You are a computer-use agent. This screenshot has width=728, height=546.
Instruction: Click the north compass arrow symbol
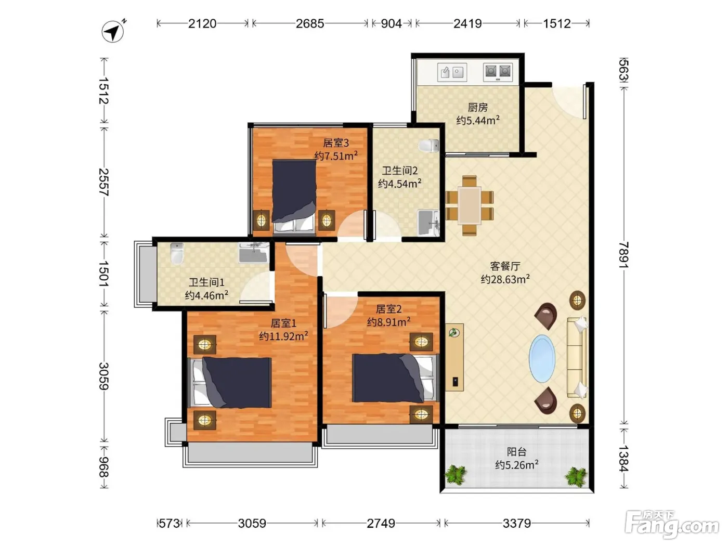coord(113,32)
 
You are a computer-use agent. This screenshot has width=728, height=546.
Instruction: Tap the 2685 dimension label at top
coord(310,23)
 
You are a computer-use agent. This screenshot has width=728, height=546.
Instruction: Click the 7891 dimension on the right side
coord(623,255)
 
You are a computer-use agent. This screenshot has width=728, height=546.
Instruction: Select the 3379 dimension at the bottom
coord(516,524)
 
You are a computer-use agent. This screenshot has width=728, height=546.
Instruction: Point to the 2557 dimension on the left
coord(104,182)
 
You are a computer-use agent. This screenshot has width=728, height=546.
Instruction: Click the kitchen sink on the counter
coord(452,72)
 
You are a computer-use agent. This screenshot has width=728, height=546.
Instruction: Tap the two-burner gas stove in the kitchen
coord(498,72)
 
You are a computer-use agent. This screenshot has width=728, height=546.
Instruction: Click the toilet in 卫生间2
coord(429,146)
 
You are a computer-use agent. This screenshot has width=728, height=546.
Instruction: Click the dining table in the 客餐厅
coord(470,205)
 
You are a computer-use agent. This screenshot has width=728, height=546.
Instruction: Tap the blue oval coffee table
coord(542,359)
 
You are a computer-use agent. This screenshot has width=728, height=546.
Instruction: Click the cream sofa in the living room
coord(577,357)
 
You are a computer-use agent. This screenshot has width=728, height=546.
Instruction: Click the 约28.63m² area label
coord(505,279)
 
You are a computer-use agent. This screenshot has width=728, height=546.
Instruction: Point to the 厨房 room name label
coord(477,108)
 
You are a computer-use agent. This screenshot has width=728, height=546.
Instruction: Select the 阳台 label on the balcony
coord(517,451)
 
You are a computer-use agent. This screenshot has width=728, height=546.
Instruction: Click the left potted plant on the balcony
coord(456,475)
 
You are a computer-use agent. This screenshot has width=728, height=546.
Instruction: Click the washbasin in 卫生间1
coord(254,253)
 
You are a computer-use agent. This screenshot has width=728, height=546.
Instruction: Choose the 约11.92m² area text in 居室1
coord(283,336)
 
